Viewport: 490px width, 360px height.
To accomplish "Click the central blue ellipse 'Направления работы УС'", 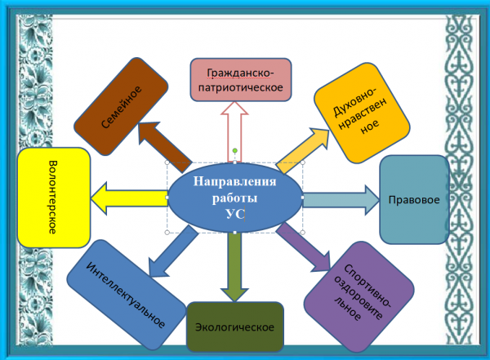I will [234, 198].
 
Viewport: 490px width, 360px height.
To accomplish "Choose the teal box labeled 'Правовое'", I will [415, 199].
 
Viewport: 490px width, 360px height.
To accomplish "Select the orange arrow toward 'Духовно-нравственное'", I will [301, 148].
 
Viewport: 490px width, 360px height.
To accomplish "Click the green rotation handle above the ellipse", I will [235, 150].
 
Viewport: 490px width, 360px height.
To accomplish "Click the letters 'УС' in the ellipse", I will [234, 215].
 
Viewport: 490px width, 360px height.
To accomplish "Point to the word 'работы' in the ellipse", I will [234, 198].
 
